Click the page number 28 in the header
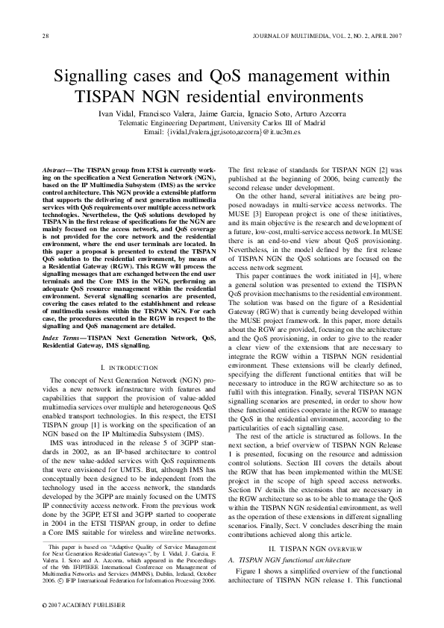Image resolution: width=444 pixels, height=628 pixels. [x=46, y=35]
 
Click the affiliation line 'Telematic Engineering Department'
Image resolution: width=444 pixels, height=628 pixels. [x=222, y=122]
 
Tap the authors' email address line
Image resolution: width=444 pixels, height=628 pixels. [x=222, y=131]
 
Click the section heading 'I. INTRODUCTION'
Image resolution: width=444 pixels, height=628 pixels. [x=128, y=368]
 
